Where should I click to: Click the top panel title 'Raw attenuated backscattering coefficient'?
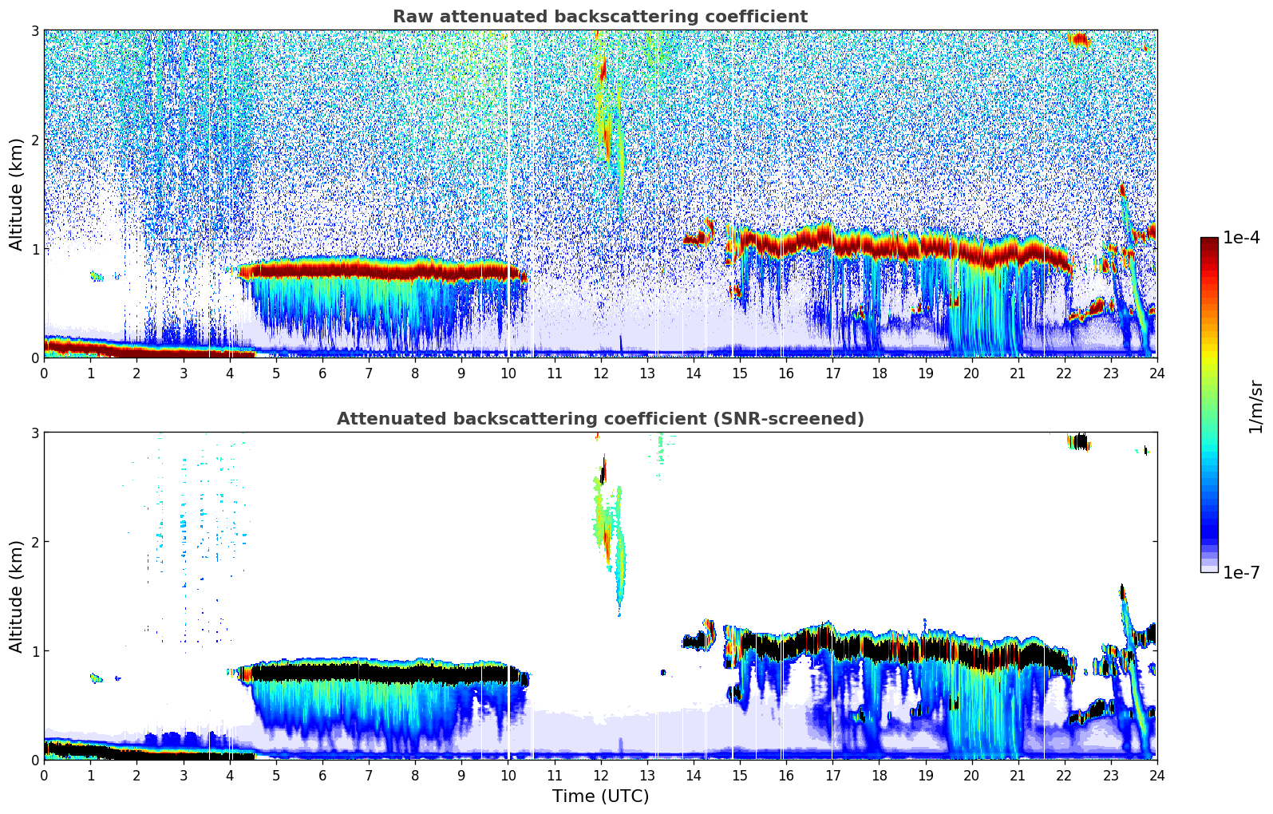[599, 17]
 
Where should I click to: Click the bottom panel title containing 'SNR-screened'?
[599, 419]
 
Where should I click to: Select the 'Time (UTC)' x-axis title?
[600, 796]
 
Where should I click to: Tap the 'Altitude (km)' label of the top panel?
[16, 194]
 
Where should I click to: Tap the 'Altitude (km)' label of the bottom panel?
[16, 596]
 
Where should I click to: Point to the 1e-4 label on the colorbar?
[1241, 238]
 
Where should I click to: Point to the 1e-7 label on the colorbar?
[1241, 572]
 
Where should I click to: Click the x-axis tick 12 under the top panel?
[600, 373]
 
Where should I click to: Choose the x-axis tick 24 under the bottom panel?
[1156, 775]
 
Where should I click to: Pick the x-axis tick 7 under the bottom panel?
[369, 775]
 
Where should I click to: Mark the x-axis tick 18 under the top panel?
[879, 373]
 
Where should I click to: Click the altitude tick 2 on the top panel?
[35, 140]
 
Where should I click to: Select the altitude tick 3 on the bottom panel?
[35, 433]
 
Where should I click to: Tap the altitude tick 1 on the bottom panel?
[35, 651]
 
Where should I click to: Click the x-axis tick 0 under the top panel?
[44, 373]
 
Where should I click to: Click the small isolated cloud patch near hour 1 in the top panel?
[96, 276]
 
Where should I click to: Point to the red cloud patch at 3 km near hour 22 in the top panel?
[1080, 39]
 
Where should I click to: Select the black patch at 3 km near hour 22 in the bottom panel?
[1079, 441]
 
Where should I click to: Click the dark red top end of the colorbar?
[1208, 242]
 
